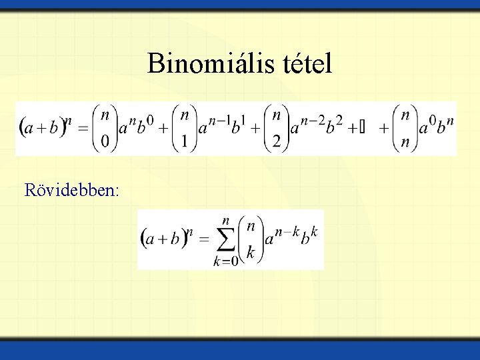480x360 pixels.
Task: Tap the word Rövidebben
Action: point(71,191)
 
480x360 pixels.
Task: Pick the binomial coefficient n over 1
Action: point(185,129)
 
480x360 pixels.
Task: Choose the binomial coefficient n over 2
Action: point(275,129)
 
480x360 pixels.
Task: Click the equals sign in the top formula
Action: point(84,129)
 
